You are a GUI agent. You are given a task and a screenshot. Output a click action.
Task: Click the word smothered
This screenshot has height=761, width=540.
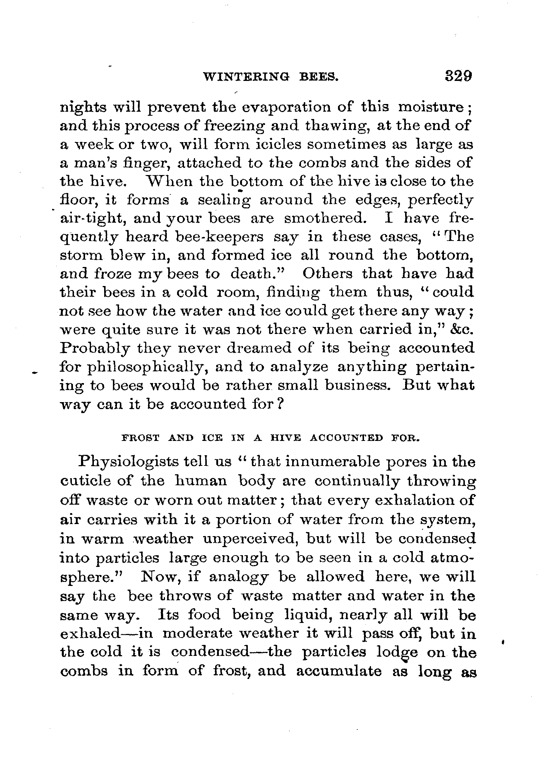pos(325,219)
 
